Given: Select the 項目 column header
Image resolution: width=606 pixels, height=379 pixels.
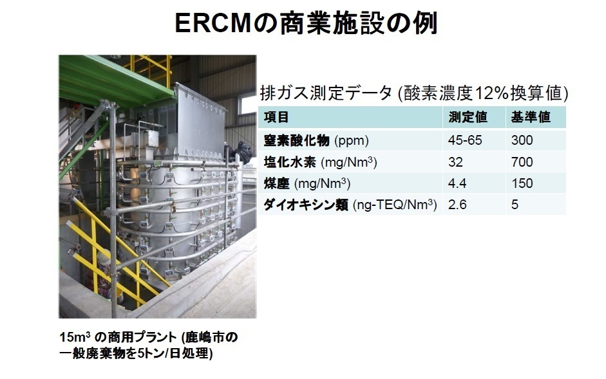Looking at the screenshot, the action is pyautogui.click(x=276, y=117).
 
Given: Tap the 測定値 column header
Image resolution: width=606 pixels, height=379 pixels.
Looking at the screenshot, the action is pyautogui.click(x=468, y=117).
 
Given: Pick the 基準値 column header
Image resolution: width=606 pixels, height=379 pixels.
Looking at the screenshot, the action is pyautogui.click(x=530, y=117).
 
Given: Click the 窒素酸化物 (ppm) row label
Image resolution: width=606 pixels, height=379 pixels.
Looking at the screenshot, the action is pyautogui.click(x=316, y=140).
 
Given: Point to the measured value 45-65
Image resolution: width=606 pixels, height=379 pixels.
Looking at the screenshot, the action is pyautogui.click(x=465, y=140).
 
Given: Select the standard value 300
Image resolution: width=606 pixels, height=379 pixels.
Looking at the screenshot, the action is pyautogui.click(x=522, y=140).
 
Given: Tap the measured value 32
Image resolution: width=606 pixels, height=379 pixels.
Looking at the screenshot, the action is pyautogui.click(x=455, y=162).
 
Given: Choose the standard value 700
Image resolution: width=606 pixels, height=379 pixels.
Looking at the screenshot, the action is pyautogui.click(x=522, y=162).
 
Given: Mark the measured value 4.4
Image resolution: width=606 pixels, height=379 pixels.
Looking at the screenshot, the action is pyautogui.click(x=457, y=183).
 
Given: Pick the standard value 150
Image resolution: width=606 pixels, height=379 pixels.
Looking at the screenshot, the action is pyautogui.click(x=522, y=183).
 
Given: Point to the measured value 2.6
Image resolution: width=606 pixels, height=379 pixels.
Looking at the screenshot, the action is pyautogui.click(x=457, y=205).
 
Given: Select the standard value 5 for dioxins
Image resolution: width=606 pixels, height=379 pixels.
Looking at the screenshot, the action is pyautogui.click(x=515, y=205).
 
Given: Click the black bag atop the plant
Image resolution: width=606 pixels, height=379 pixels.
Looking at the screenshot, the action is pyautogui.click(x=242, y=152).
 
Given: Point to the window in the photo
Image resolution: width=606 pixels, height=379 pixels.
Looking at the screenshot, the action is pyautogui.click(x=248, y=104).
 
